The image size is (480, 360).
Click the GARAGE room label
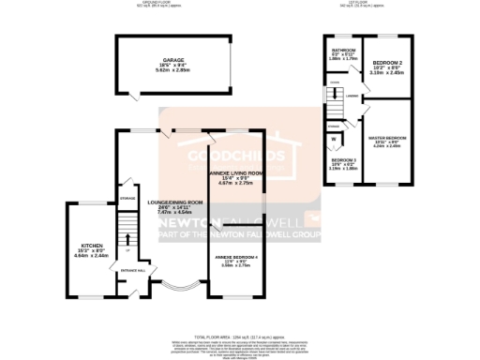point(172,59)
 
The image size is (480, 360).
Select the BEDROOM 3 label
point(344,160)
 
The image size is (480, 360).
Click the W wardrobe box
point(334,141)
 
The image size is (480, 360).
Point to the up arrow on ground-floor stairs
point(128,238)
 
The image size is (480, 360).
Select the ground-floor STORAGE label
point(127,199)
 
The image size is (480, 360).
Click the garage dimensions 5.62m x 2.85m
point(172,69)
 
